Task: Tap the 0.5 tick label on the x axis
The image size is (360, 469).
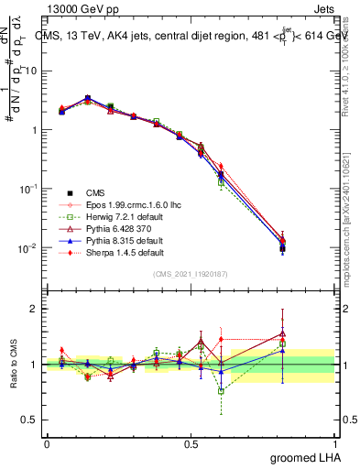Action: pyautogui.click(x=191, y=443)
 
